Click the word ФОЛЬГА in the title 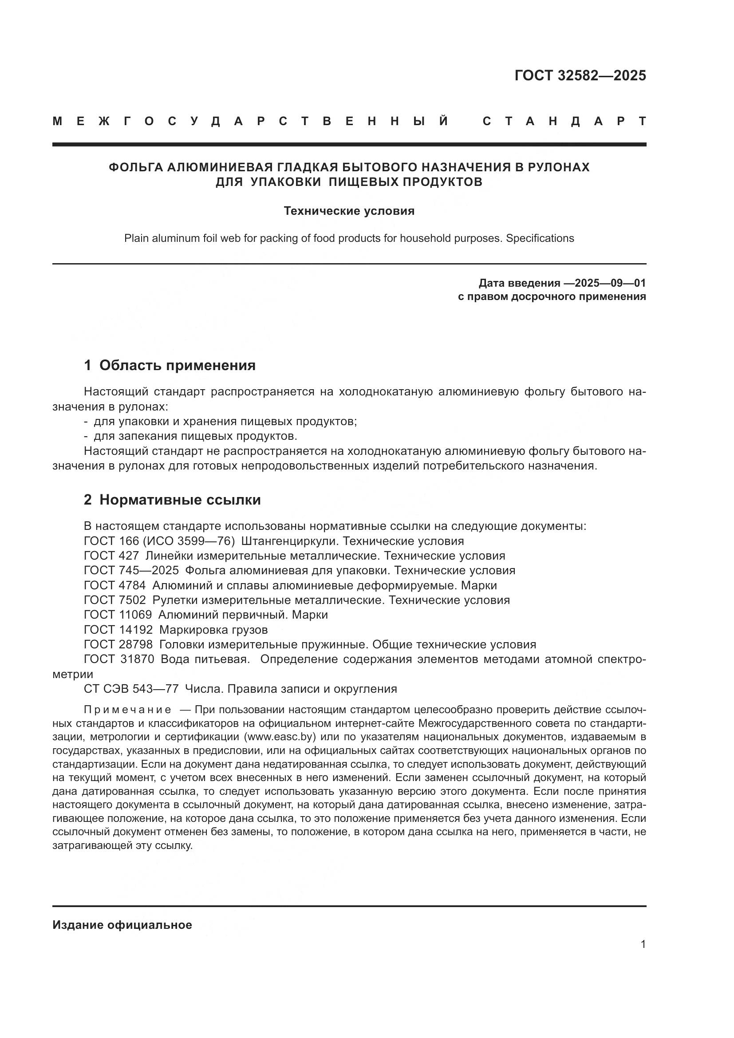point(136,167)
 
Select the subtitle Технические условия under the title point(349,211)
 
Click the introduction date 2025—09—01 point(610,284)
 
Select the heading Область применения point(177,365)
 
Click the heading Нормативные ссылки point(180,500)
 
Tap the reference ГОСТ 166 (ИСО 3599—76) point(159,541)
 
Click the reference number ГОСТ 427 point(111,556)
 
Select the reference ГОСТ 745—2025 point(131,571)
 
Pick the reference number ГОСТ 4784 point(115,585)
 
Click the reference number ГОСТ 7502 point(115,600)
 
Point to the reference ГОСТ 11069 point(118,615)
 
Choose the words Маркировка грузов point(213,630)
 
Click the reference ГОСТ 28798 point(118,645)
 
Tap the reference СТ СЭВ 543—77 point(131,689)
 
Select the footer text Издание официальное point(122,925)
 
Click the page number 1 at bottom point(643,944)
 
